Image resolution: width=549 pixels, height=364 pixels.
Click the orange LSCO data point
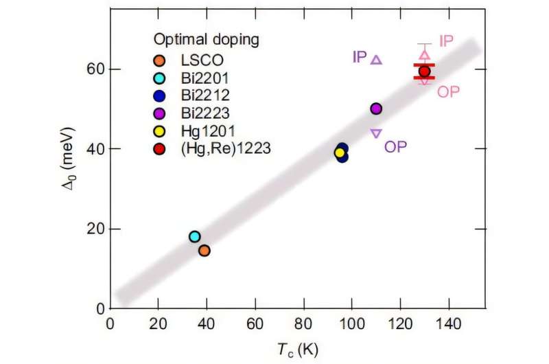[x=204, y=251]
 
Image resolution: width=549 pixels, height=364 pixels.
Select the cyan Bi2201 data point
[x=194, y=236]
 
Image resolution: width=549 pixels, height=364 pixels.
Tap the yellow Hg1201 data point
[x=339, y=152]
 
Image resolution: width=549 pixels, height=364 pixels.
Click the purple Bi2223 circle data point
[x=376, y=109]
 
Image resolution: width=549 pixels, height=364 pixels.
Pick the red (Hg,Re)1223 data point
[x=424, y=71]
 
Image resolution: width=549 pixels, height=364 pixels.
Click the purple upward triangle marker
[x=376, y=60]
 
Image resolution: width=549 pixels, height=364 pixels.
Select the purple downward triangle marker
[x=376, y=133]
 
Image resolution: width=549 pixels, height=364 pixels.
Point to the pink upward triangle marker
[x=424, y=54]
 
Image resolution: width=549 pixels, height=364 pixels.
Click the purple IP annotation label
[x=360, y=57]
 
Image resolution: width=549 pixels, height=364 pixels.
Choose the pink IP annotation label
[x=446, y=42]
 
